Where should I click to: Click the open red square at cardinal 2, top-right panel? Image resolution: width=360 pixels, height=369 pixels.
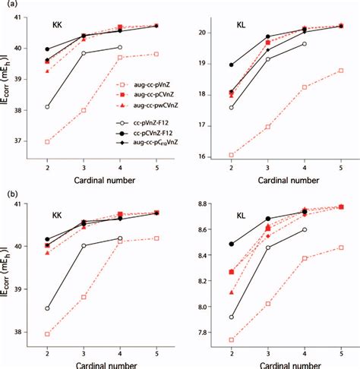coord(232,155)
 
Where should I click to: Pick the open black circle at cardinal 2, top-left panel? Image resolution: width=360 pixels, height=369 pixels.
coord(47,107)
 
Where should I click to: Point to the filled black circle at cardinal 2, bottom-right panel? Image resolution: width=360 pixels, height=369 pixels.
coord(232,244)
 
